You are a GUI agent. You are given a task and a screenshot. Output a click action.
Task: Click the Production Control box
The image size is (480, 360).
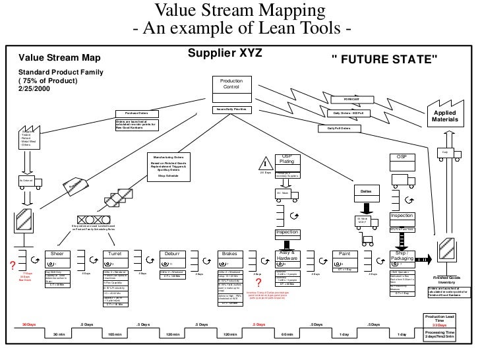pos(231,84)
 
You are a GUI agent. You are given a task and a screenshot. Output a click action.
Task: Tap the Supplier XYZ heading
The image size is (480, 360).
pos(225,52)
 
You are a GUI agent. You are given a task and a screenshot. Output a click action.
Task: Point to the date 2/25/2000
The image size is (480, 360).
pos(35,89)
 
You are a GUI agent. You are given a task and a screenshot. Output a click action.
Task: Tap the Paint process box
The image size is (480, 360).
pos(344,253)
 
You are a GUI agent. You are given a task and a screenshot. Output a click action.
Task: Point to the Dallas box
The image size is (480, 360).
pos(367,191)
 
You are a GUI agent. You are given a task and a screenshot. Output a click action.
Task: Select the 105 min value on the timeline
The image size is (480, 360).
pos(115,335)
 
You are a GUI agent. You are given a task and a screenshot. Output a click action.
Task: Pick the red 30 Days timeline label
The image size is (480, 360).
pos(30,325)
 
